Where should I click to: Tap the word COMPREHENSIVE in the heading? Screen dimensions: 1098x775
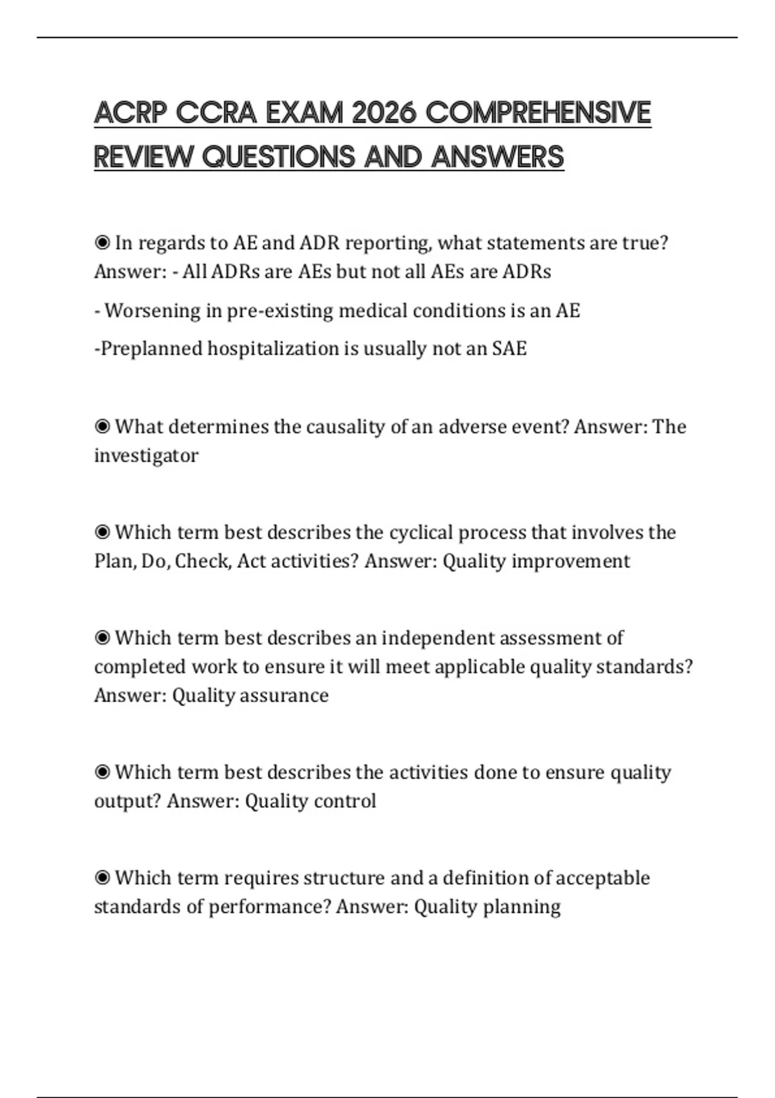538,113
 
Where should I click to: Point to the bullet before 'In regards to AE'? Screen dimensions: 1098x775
102,243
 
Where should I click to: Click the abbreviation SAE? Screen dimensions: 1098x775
510,349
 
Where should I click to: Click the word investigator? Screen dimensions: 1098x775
146,455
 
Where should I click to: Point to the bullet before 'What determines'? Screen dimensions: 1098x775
102,427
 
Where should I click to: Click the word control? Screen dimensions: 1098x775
343,801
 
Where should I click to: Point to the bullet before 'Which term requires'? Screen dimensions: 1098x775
102,878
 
